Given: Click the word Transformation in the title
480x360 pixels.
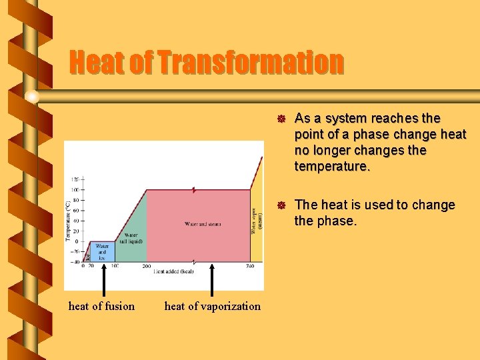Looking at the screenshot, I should coord(251,63).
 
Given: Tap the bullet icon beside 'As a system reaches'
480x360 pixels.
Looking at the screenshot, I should coord(281,119).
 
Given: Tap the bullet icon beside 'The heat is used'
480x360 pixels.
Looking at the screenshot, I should coord(281,205).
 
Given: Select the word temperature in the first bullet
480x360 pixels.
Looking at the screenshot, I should coord(331,167).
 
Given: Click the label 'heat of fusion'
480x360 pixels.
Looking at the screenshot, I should coord(101,306).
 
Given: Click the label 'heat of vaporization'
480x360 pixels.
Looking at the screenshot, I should coord(213,306).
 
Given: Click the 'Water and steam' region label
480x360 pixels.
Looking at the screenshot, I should coord(203,224).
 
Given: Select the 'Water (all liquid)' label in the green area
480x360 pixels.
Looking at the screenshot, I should coord(131,238).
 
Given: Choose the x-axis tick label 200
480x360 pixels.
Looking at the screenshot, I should coord(146,266).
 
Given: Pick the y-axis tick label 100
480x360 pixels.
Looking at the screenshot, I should coord(74,190).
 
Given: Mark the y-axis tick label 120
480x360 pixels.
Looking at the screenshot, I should coord(74,179).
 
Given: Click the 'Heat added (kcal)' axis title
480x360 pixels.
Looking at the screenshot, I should coord(174,272).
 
